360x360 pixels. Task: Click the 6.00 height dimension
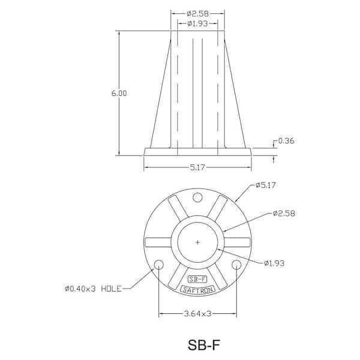[x=119, y=94]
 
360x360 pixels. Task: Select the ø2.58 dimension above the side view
[x=197, y=14]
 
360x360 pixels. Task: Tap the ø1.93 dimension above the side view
[x=197, y=23]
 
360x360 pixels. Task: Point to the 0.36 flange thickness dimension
[x=286, y=141]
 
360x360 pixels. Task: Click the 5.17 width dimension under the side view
[x=197, y=167]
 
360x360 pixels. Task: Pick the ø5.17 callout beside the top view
[x=265, y=185]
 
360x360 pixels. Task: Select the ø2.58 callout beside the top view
[x=284, y=214]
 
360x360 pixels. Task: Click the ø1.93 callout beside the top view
[x=274, y=263]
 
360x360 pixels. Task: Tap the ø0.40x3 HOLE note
[x=93, y=289]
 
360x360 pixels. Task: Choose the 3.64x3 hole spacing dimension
[x=197, y=314]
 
